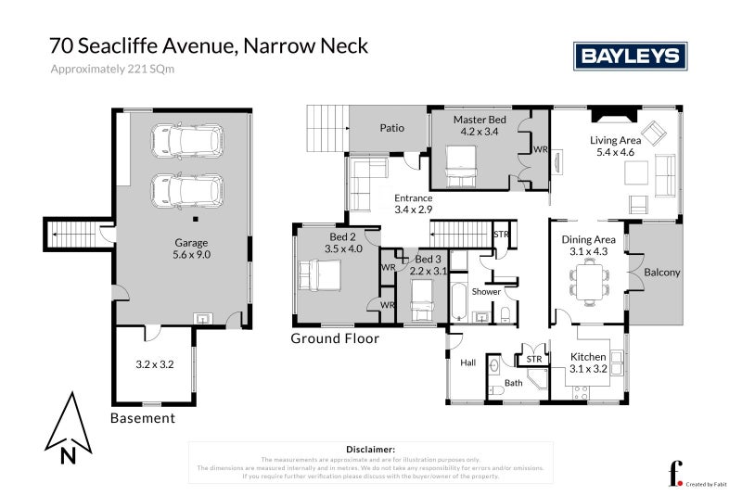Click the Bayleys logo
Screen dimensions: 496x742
(x=630, y=56)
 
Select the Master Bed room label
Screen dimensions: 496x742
(x=480, y=126)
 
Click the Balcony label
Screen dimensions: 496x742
(x=662, y=273)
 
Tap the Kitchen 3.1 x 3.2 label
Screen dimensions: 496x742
(x=589, y=362)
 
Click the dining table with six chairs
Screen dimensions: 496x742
(x=588, y=280)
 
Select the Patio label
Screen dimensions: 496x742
(x=391, y=128)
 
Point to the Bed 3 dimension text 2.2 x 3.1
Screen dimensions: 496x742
(x=429, y=271)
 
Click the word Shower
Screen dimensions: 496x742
(x=486, y=291)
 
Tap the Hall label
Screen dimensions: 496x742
(x=467, y=362)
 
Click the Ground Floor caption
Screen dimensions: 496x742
(x=335, y=339)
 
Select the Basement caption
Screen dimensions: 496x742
(x=143, y=418)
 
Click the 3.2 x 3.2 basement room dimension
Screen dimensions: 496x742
(x=155, y=364)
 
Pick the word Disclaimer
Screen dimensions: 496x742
(x=370, y=449)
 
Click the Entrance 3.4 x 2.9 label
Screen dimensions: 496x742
(x=414, y=204)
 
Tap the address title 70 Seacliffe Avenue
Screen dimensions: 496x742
(x=209, y=45)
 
